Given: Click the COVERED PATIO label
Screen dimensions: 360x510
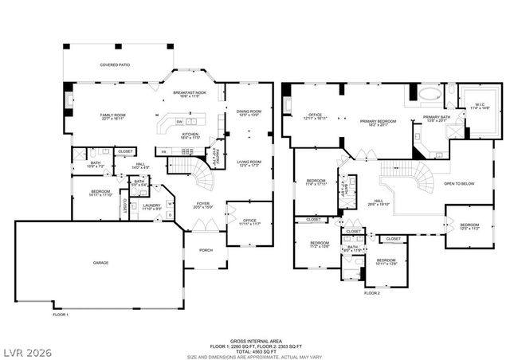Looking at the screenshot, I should (x=115, y=65).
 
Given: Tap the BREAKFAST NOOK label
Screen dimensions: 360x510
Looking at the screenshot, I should (x=190, y=93).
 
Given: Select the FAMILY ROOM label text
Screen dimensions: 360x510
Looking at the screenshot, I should (x=113, y=116).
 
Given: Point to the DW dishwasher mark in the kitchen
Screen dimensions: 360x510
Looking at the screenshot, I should (x=180, y=121).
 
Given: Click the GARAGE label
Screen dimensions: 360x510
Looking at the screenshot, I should (x=100, y=262).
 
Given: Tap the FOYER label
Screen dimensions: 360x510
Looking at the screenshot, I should (x=204, y=205).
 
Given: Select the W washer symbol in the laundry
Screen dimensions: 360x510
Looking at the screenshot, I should (x=169, y=203).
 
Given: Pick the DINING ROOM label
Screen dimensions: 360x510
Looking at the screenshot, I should (x=249, y=112).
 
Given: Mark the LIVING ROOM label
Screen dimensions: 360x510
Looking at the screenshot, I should (x=249, y=162).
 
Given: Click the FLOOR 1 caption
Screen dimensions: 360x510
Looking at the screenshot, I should (x=61, y=314).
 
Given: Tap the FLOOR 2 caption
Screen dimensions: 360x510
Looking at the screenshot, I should (x=372, y=293).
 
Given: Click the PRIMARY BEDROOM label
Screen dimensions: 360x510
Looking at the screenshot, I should (x=378, y=122).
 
